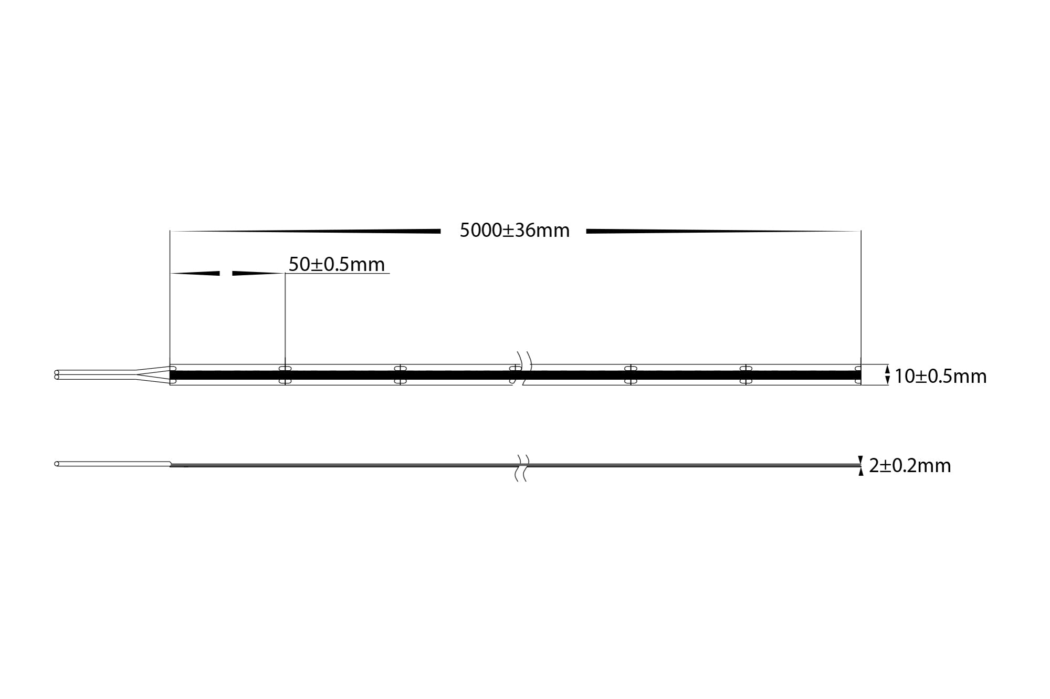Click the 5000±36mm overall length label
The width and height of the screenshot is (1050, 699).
pyautogui.click(x=514, y=231)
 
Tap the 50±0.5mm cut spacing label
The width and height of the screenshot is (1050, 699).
pyautogui.click(x=337, y=264)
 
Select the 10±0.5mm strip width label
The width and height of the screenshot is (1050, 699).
pyautogui.click(x=940, y=376)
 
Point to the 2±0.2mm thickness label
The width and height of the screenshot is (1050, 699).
pyautogui.click(x=910, y=466)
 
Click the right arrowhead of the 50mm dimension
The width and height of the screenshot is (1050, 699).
pyautogui.click(x=257, y=273)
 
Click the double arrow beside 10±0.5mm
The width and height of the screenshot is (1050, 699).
pyautogui.click(x=887, y=374)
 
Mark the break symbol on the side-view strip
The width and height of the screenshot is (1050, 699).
pyautogui.click(x=521, y=467)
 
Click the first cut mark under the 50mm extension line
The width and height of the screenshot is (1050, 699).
pyautogui.click(x=285, y=374)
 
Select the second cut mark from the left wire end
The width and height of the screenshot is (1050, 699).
pyautogui.click(x=400, y=374)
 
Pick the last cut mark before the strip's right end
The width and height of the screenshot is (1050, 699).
pyautogui.click(x=745, y=374)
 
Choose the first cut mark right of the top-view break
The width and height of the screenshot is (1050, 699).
pyautogui.click(x=630, y=374)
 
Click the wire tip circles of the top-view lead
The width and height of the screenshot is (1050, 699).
pyautogui.click(x=57, y=375)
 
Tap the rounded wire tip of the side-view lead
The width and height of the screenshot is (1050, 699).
pyautogui.click(x=57, y=464)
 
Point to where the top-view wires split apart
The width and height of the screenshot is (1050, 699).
pyautogui.click(x=139, y=375)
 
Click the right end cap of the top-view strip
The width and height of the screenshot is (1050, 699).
pyautogui.click(x=858, y=374)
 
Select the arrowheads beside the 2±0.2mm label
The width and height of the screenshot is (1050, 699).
pyautogui.click(x=860, y=465)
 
